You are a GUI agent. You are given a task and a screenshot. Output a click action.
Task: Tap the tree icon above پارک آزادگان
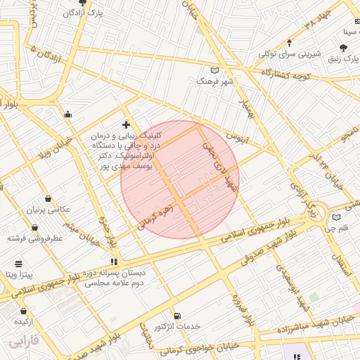click(x=83, y=3)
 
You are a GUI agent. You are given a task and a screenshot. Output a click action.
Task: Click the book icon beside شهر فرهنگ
click(x=214, y=70)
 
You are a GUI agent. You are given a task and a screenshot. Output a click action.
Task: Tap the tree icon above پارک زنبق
click(x=343, y=48)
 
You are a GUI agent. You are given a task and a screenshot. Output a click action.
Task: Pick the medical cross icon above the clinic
click(x=126, y=124)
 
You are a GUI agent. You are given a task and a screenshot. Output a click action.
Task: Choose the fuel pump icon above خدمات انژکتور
click(x=176, y=316)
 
